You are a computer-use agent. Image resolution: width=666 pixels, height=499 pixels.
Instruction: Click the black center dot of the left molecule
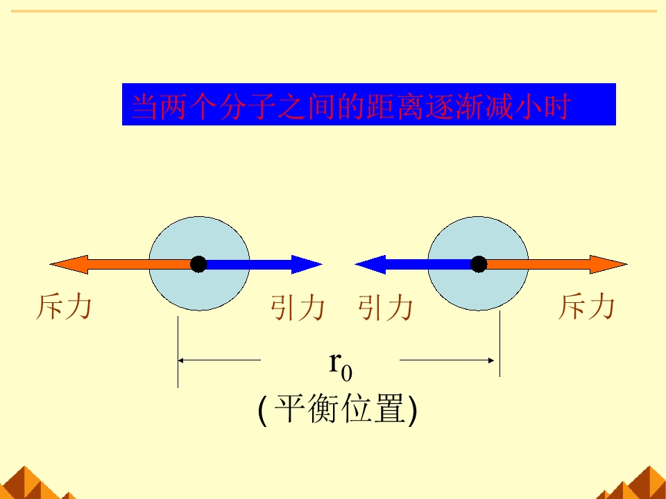click(198, 264)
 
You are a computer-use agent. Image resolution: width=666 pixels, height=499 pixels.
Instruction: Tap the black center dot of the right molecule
click(479, 264)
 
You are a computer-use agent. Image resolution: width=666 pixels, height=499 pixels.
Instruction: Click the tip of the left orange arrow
click(51, 264)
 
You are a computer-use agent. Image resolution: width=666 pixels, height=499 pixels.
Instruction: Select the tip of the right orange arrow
click(627, 264)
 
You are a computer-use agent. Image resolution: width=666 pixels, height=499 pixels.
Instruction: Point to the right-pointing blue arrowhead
click(307, 264)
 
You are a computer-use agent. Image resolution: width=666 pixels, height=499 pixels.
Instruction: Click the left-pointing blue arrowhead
click(370, 264)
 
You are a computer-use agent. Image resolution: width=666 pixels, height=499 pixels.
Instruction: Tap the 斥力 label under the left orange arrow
click(64, 307)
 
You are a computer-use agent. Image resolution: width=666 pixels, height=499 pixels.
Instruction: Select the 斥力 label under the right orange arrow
click(586, 307)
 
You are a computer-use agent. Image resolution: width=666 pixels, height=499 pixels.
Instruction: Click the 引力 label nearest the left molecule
click(298, 308)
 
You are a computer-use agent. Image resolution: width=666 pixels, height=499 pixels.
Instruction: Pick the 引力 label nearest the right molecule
click(385, 308)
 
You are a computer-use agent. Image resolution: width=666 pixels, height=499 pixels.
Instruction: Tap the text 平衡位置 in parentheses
click(339, 408)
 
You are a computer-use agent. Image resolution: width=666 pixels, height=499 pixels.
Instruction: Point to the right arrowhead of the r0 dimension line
click(491, 360)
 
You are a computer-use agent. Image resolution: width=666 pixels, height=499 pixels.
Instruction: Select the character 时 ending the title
click(557, 106)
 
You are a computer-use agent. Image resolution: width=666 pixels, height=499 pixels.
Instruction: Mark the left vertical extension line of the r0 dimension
click(178, 351)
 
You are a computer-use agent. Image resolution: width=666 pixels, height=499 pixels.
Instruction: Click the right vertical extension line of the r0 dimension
click(500, 344)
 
